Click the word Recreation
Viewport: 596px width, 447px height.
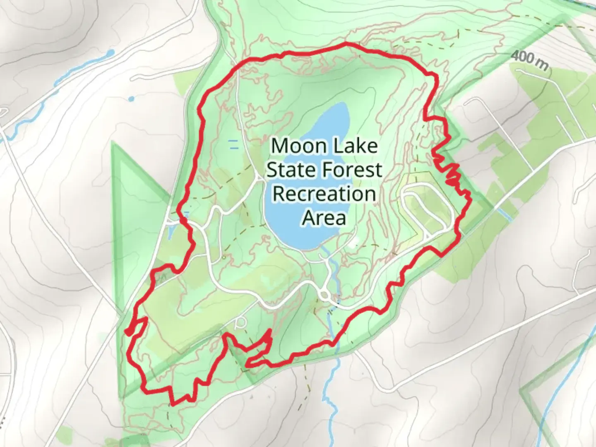324,194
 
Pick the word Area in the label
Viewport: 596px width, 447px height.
324,218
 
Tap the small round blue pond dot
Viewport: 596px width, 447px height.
131,99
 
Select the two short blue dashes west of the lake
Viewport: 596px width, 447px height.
234,144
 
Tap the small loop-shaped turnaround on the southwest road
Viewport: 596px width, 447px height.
240,323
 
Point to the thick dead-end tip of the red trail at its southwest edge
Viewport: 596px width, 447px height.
129,332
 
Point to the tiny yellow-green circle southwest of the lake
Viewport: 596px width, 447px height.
223,257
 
